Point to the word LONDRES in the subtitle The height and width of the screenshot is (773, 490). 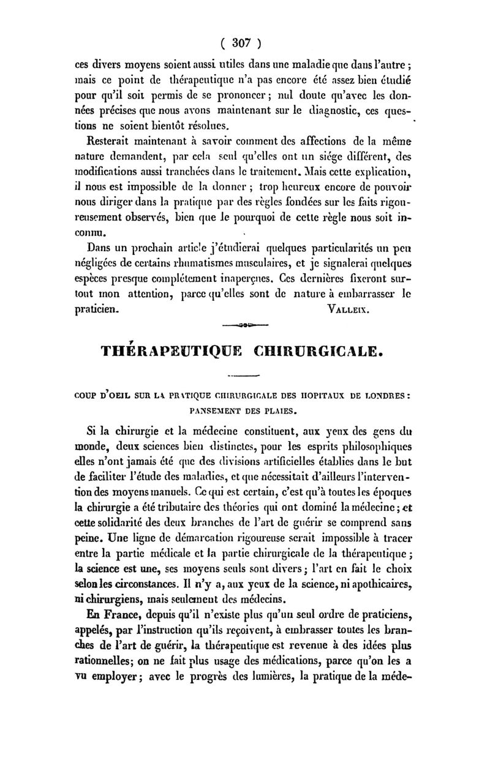[383, 396]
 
